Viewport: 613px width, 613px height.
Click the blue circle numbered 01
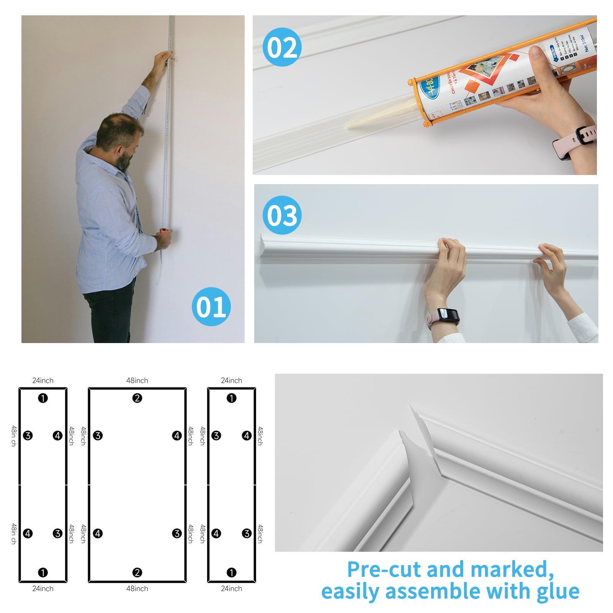click(x=211, y=307)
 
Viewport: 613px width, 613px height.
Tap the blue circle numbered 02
click(x=282, y=47)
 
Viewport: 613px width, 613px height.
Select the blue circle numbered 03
click(x=282, y=215)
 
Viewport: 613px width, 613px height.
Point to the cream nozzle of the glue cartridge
click(x=379, y=114)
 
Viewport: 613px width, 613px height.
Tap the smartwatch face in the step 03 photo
click(x=448, y=315)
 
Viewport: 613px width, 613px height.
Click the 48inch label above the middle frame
click(x=137, y=381)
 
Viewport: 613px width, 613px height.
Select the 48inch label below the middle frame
click(x=137, y=588)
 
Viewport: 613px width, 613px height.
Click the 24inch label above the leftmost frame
click(x=43, y=381)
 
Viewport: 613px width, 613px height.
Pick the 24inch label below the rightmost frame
click(x=231, y=588)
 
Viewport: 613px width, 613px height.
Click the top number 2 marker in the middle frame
click(x=137, y=398)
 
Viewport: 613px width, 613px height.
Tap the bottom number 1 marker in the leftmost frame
click(x=43, y=572)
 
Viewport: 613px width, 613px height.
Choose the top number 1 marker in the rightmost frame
click(x=231, y=398)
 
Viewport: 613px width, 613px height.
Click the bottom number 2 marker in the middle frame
click(x=137, y=572)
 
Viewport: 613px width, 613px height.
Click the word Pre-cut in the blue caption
click(x=384, y=569)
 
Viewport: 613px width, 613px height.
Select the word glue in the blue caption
click(x=557, y=591)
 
